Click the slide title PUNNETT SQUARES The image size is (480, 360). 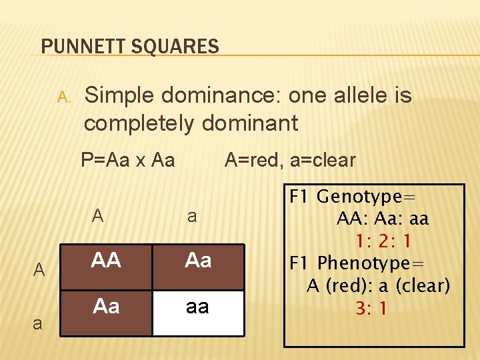point(130,47)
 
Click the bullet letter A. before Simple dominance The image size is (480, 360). point(63,97)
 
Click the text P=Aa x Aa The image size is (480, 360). point(127,160)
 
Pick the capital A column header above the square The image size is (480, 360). point(98,215)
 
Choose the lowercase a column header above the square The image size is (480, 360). point(192,216)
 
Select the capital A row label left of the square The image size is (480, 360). point(39,270)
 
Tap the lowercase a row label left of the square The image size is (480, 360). point(37,324)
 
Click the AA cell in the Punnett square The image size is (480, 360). point(107,260)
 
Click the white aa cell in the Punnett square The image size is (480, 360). point(197,307)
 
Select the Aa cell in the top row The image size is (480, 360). point(199,260)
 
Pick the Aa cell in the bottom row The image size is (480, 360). point(107,307)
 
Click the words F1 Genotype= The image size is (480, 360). point(353,197)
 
